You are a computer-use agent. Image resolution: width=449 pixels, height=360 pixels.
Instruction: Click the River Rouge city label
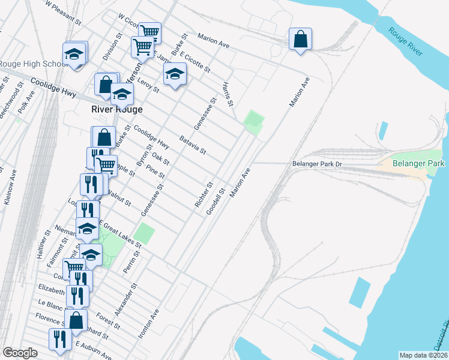point(116,110)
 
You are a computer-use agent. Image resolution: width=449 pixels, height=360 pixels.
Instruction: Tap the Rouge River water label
point(405,43)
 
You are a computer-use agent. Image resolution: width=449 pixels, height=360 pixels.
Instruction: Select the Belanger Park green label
point(418,163)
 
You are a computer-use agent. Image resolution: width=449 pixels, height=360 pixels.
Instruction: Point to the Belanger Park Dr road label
point(316,163)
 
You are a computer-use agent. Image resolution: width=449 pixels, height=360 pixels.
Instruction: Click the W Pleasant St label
point(63,12)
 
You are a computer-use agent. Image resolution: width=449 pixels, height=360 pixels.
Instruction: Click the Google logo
point(20,353)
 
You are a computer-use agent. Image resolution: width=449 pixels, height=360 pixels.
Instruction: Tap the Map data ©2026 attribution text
point(423,355)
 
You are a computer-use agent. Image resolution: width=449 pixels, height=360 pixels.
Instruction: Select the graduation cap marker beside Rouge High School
point(74,55)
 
